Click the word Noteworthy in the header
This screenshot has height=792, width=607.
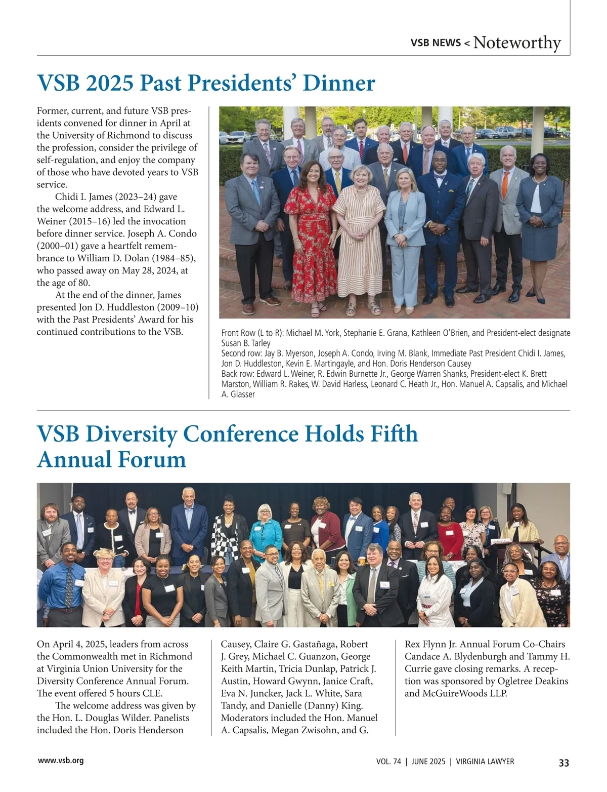point(517,43)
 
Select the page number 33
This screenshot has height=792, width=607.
point(563,763)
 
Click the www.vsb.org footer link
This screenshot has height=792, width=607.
point(61,761)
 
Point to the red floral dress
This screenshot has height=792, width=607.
point(310,233)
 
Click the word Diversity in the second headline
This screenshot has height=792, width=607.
point(131,434)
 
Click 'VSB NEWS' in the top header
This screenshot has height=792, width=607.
point(436,43)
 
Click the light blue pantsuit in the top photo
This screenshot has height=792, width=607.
point(405,238)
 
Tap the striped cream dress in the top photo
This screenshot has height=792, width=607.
point(360,238)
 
